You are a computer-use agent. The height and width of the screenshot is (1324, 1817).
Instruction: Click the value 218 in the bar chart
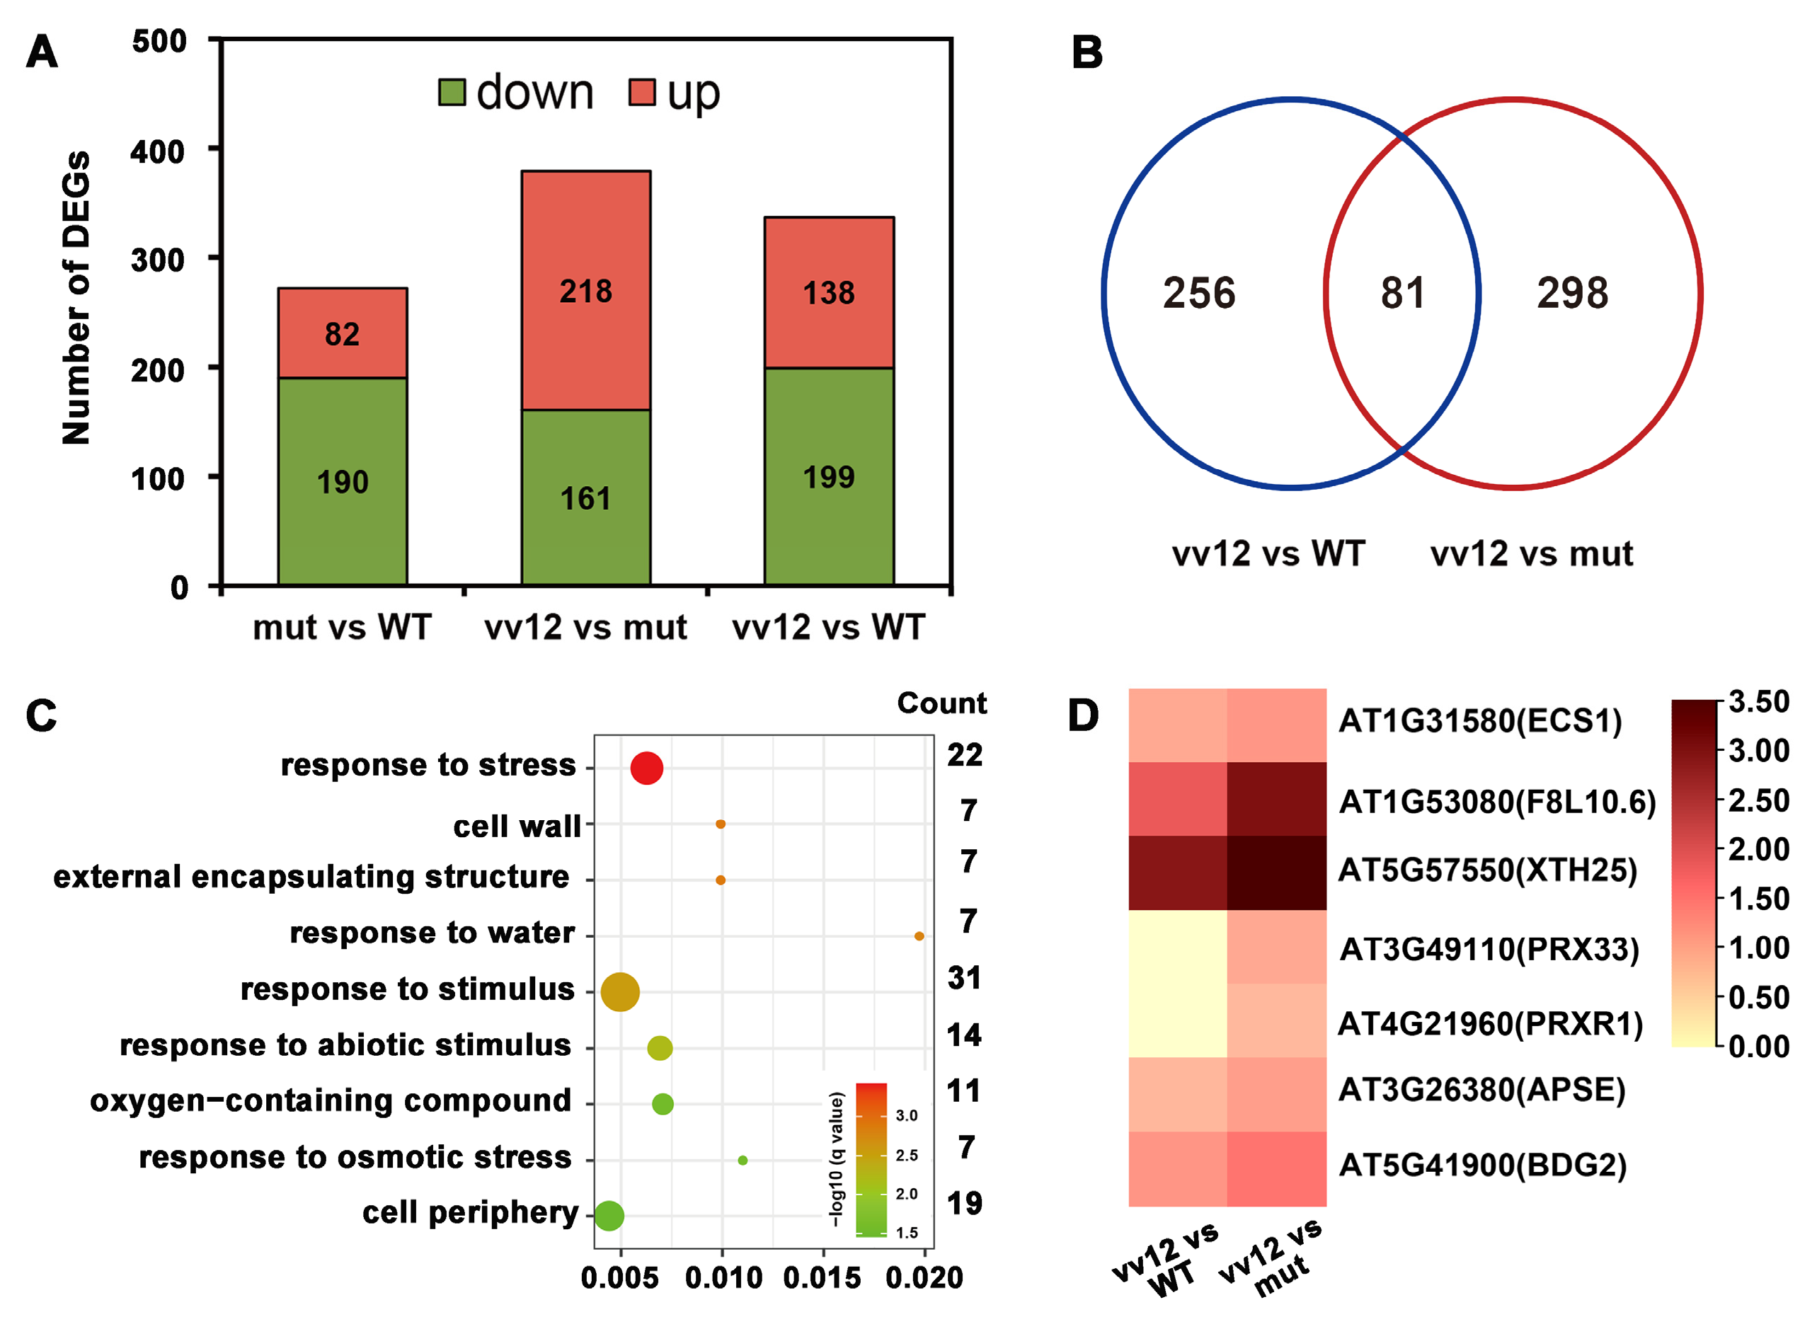[585, 291]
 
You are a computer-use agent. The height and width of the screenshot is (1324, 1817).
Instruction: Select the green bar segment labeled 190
[343, 481]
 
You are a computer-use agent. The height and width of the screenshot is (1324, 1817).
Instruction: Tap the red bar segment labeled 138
[829, 292]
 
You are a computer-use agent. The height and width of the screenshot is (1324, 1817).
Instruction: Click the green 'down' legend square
[452, 92]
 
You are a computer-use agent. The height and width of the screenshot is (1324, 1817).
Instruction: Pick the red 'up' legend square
[642, 92]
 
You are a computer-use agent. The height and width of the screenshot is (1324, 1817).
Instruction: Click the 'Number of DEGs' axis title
[76, 297]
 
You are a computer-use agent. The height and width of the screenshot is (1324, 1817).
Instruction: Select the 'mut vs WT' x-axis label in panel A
[343, 627]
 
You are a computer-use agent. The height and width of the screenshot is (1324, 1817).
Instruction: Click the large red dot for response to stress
[646, 768]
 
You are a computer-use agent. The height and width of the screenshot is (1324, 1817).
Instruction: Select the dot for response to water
[919, 936]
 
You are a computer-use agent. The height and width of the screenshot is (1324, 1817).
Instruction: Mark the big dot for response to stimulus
[620, 992]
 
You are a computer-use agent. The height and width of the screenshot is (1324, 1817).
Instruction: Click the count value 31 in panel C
[964, 978]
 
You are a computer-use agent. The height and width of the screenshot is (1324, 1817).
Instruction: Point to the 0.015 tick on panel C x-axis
[822, 1277]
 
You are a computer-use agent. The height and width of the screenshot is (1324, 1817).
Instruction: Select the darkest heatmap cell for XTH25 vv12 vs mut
[1276, 873]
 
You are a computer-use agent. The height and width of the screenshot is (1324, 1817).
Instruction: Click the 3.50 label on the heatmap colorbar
[1758, 701]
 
